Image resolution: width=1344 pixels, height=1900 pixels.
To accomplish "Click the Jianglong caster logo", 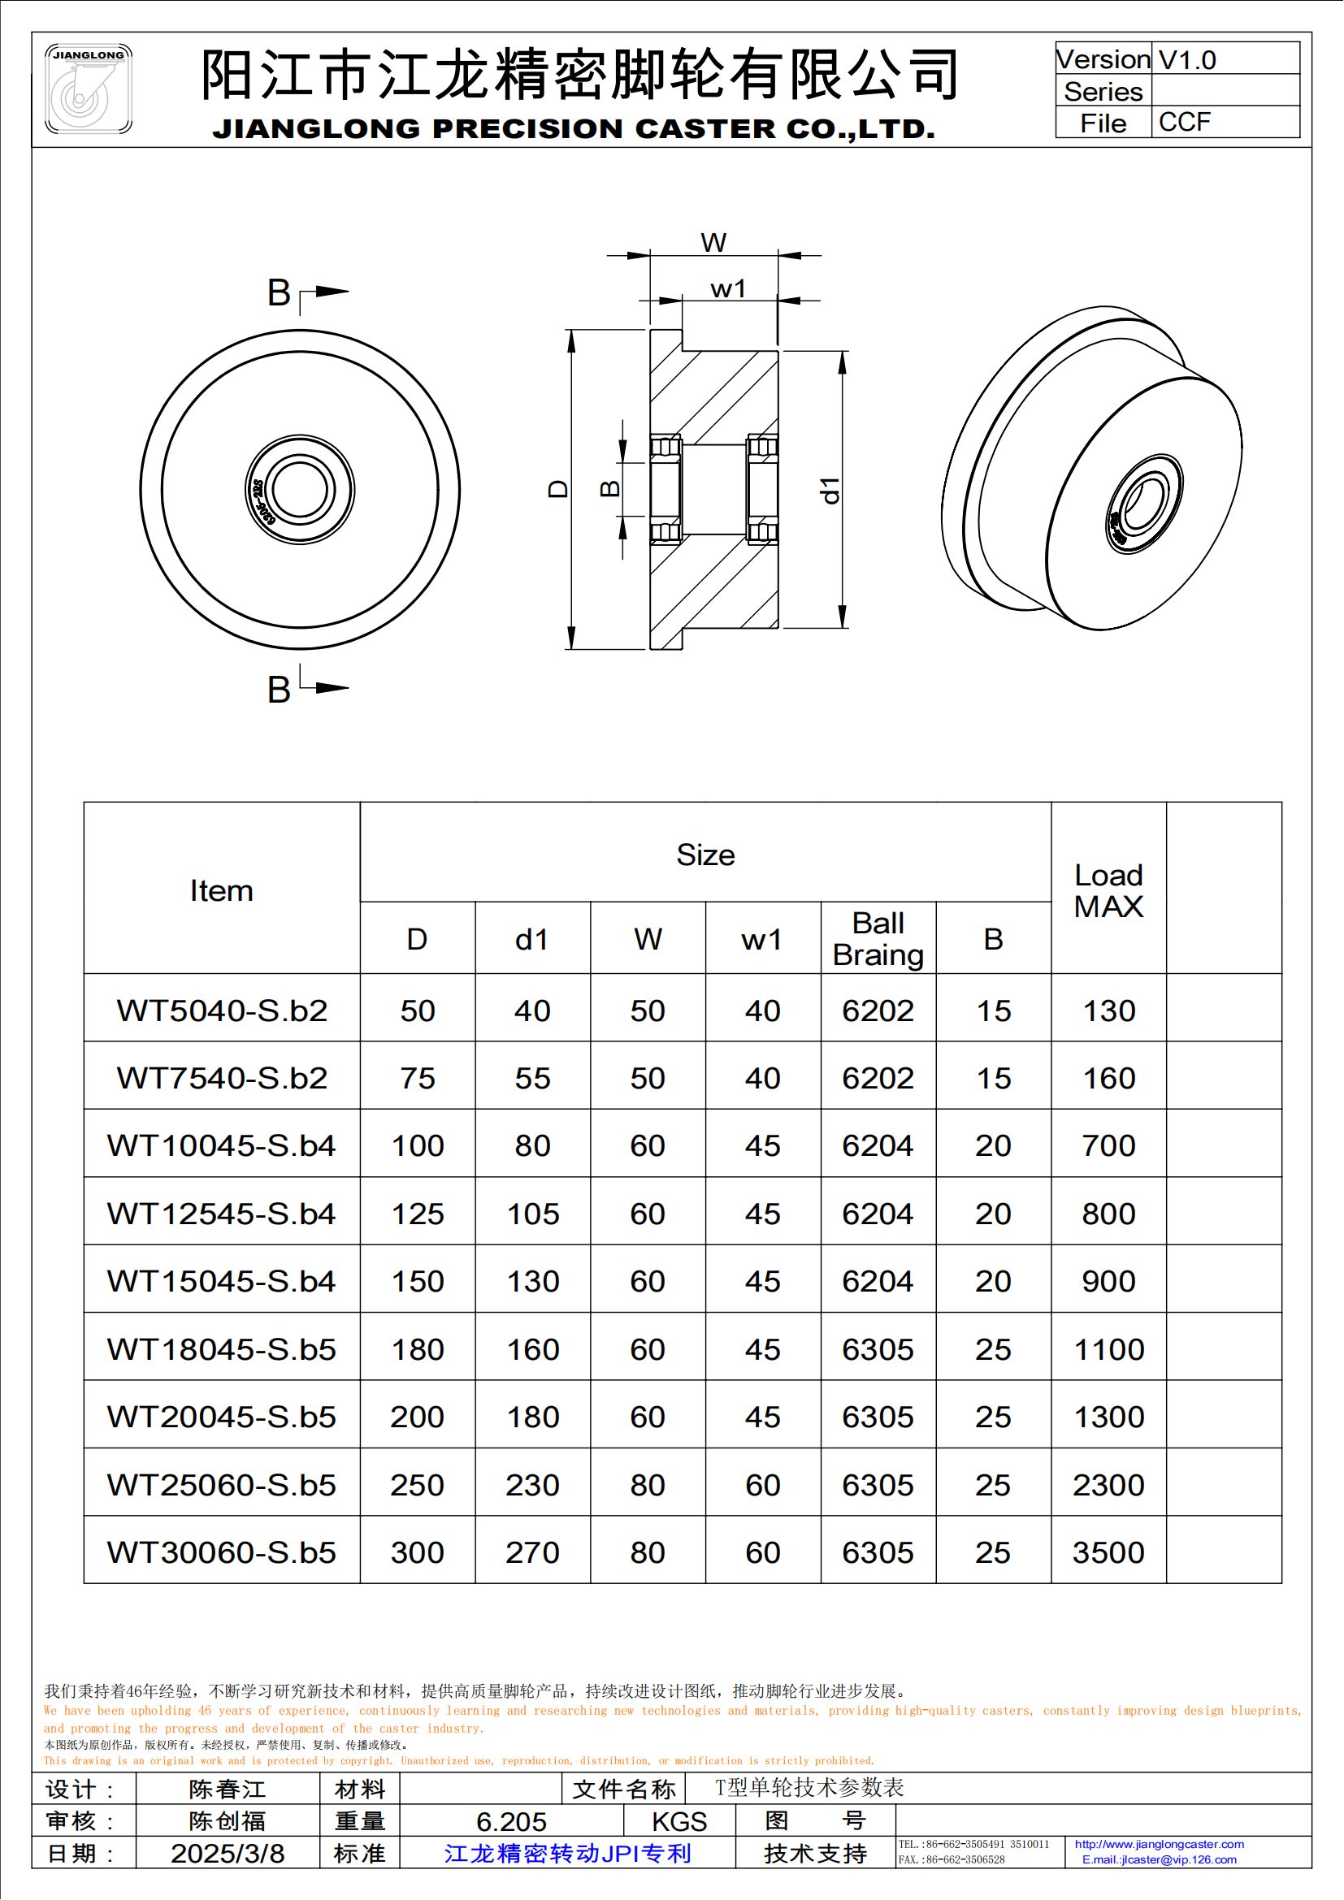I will coord(88,89).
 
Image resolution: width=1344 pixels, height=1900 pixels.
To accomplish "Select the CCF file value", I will coord(1184,122).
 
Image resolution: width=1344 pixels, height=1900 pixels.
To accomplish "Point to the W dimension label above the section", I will coord(713,242).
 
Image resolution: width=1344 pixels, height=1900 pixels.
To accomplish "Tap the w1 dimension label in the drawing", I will coord(728,289).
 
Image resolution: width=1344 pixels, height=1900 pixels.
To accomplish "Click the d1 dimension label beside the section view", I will coord(830,490).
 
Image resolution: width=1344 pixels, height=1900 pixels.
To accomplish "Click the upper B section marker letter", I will coord(279,293).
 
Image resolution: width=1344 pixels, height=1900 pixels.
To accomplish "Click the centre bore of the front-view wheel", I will coord(300,489).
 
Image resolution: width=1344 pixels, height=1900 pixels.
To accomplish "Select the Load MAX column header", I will coord(1108,890).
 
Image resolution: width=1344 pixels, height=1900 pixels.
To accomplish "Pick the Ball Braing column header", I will coord(878,938).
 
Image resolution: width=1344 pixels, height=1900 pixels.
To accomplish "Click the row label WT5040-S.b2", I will coord(222,1011).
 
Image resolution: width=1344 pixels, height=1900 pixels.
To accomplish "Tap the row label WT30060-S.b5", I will coord(222,1552).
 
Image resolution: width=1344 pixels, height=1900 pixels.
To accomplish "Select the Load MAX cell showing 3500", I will coord(1108,1552).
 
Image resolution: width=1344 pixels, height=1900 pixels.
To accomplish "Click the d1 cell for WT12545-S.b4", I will coord(532,1214).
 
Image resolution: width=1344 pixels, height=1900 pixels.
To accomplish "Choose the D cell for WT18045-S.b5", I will coord(417,1350).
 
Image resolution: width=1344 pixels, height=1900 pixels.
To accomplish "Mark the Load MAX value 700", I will coord(1108,1146).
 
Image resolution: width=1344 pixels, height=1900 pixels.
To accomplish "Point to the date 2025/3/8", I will coord(228,1854).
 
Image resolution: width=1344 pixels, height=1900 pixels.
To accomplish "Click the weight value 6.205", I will coord(511,1821).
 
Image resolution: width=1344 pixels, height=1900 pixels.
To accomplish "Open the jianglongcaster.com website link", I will coord(1159,1844).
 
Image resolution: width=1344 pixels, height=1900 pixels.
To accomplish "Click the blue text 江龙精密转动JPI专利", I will coord(568,1854).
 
